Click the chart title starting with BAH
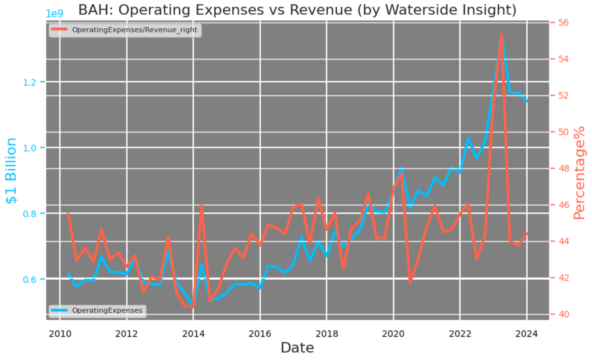click(x=297, y=10)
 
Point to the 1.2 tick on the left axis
click(x=29, y=83)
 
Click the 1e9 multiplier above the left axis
click(x=54, y=14)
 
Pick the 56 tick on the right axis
click(x=563, y=22)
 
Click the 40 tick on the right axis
click(x=563, y=314)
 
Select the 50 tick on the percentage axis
click(x=563, y=132)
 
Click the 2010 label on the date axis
click(x=60, y=334)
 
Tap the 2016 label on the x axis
click(x=260, y=334)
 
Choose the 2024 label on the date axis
click(x=527, y=334)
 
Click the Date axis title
click(x=297, y=348)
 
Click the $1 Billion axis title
click(x=11, y=171)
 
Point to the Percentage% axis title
click(x=579, y=173)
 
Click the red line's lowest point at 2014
click(x=193, y=307)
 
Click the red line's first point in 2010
click(x=68, y=214)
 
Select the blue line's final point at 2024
click(x=527, y=102)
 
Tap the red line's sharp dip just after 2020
click(x=410, y=283)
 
